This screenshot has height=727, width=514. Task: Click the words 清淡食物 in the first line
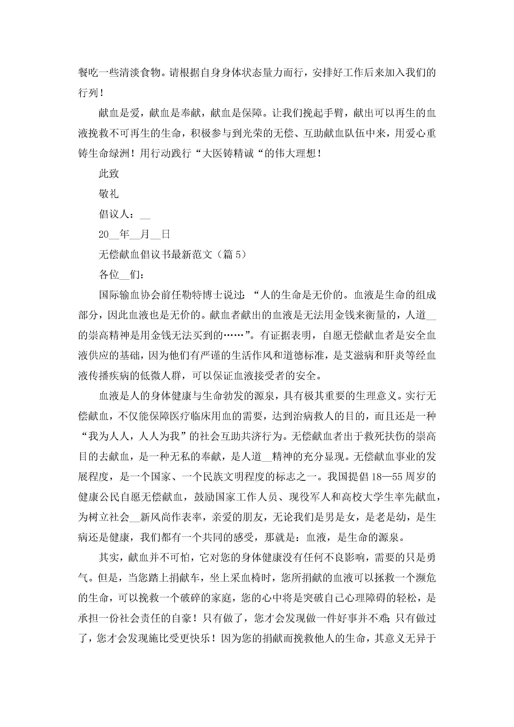coord(140,73)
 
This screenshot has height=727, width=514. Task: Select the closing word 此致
coord(109,173)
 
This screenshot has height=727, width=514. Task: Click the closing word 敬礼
coord(109,194)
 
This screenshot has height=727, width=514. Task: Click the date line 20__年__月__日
coord(134,234)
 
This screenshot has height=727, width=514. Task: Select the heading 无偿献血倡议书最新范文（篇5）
coord(172,254)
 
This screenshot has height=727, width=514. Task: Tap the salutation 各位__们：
coord(121,275)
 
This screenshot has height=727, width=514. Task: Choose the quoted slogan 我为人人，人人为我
coord(134,436)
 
